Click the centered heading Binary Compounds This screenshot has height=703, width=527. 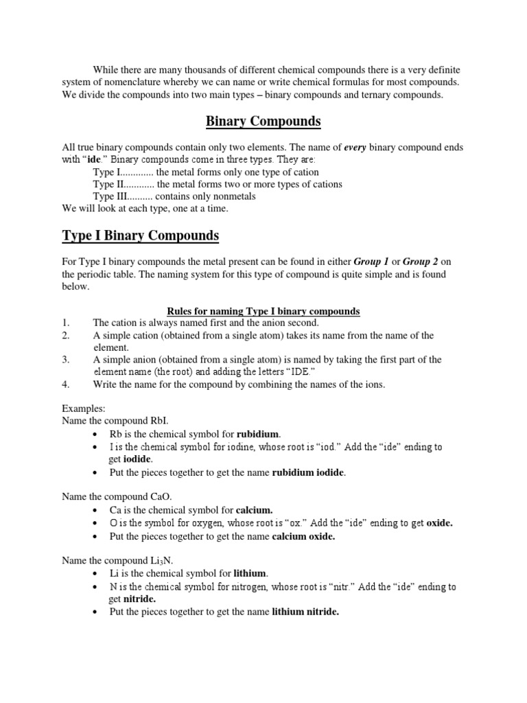pos(263,122)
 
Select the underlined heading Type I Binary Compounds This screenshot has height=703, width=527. pos(141,235)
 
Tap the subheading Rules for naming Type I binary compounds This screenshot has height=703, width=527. pos(263,311)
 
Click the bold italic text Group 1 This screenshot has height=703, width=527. pos(371,262)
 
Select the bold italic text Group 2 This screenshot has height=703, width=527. pos(422,262)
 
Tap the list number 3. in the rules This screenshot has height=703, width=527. pos(66,359)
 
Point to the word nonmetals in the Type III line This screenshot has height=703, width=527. pos(233,196)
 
